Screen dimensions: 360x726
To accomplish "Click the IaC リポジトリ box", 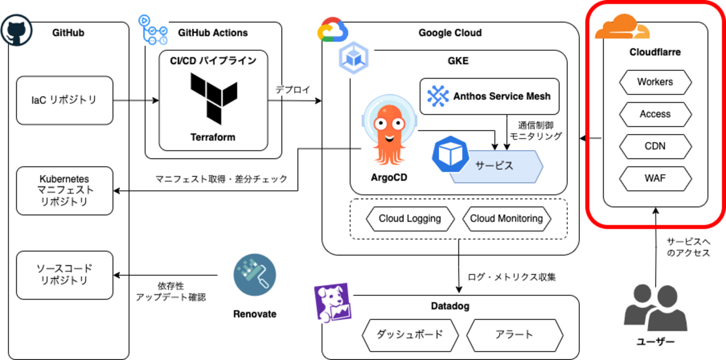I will [65, 100].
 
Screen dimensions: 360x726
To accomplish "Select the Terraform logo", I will [213, 99].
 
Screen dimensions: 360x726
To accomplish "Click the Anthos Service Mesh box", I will [489, 96].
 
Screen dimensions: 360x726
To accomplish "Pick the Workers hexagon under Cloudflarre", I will [655, 82].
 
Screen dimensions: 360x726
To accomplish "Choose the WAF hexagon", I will [655, 179].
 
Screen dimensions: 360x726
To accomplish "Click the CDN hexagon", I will [655, 147].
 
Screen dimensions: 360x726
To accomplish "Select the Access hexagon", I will [655, 114].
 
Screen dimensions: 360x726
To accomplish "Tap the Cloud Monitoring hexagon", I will [507, 219].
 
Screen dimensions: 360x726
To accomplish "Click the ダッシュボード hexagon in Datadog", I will [410, 335].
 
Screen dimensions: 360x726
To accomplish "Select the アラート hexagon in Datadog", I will [514, 335].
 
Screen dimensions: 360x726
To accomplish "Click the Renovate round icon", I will [255, 275].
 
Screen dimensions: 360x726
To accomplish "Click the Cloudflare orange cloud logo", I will [622, 28].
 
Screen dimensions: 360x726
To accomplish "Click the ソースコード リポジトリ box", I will [65, 274].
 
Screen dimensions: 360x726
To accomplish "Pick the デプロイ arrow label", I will [293, 90].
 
